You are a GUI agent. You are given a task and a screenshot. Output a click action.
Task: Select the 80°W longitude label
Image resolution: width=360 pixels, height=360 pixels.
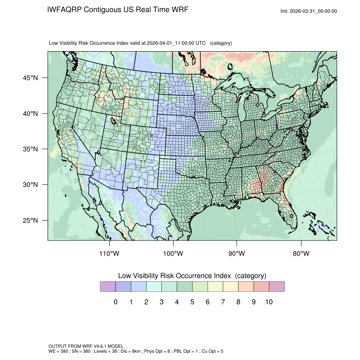301,254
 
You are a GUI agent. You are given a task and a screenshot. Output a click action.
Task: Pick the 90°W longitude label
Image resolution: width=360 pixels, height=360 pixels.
237,254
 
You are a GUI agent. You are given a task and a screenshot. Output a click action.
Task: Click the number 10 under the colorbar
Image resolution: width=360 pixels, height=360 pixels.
269,302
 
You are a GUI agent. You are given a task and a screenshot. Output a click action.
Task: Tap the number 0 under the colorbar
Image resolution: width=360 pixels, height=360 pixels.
116,302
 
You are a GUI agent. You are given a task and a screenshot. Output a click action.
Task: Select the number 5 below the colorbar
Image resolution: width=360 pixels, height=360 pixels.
192,302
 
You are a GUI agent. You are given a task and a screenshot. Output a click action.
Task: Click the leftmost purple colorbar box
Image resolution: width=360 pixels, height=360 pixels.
108,287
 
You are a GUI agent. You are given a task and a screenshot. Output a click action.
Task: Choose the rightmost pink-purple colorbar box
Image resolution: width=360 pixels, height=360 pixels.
277,287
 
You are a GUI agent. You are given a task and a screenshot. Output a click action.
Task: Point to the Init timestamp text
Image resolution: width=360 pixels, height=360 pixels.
309,11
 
